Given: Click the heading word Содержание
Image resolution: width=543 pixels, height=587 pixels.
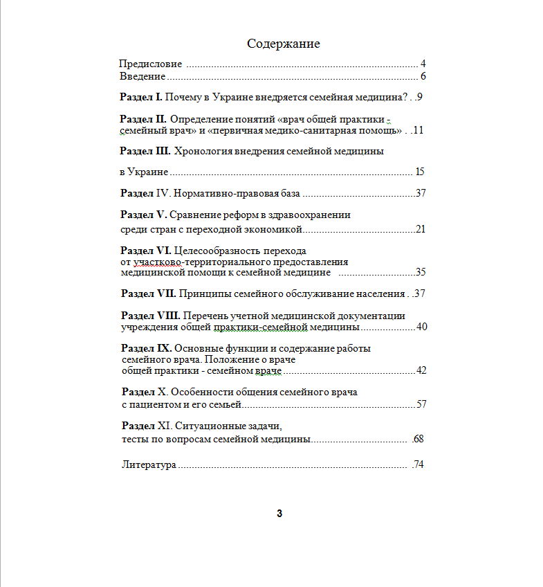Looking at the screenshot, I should coord(284,44).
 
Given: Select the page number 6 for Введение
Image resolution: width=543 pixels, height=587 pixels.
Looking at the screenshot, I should coord(422,76).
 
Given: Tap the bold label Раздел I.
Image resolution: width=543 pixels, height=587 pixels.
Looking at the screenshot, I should coord(141,97).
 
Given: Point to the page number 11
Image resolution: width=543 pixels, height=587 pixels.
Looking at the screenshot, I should coord(417,130).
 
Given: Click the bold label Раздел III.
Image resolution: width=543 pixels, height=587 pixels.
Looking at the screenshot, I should coord(145,150).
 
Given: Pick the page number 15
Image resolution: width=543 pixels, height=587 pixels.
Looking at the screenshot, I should coord(419,172).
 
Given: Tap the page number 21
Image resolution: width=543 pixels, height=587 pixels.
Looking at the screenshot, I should coord(420,229).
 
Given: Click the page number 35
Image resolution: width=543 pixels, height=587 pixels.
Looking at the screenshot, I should coord(420,272).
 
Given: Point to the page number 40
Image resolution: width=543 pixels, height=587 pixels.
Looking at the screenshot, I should coord(421,327).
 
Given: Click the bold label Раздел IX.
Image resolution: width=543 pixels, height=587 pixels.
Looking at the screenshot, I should coord(146,348).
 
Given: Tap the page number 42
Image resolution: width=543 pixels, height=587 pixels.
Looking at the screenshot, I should coord(421,370).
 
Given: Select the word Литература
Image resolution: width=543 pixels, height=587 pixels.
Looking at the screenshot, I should coord(149,464).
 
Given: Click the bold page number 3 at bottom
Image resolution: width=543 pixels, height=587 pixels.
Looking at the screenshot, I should coord(279,514).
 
